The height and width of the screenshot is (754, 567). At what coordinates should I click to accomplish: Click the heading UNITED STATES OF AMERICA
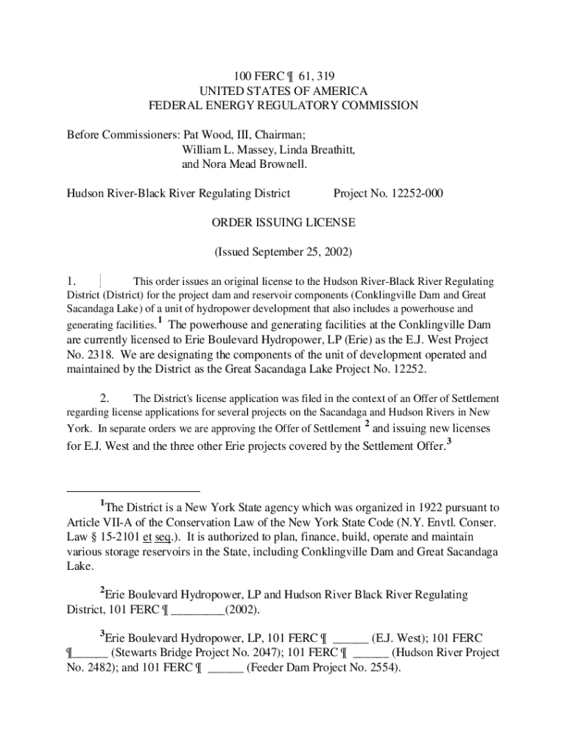click(x=283, y=90)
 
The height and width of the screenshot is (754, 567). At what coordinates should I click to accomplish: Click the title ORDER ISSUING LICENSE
click(x=283, y=222)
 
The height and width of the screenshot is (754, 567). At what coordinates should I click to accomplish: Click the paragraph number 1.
click(x=71, y=281)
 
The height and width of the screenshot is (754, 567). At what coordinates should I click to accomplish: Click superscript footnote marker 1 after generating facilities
click(x=160, y=321)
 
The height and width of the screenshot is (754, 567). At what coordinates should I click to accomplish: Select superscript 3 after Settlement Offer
click(x=448, y=442)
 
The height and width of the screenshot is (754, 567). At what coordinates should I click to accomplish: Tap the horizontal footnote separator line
click(x=133, y=490)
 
